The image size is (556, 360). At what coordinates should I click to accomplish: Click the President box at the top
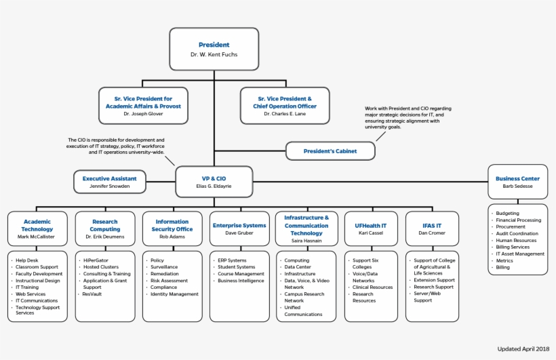[214, 49]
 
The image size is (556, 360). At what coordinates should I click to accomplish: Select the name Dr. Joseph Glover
[143, 114]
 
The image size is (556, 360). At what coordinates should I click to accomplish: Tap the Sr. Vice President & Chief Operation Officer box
[285, 106]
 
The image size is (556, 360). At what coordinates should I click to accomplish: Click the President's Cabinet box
[330, 151]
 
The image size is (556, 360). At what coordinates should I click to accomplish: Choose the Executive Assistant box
[109, 182]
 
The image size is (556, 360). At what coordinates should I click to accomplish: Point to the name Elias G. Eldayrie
[214, 186]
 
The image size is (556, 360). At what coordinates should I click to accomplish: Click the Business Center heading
[517, 178]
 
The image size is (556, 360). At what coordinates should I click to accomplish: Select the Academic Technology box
[37, 228]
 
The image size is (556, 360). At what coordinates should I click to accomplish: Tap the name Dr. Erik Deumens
[104, 237]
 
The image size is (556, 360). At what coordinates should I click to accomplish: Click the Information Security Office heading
[172, 225]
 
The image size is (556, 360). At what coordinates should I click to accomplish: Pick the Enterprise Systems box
[239, 228]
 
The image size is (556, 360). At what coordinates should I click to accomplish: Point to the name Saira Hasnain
[306, 241]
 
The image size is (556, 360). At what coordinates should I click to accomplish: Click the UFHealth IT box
[371, 228]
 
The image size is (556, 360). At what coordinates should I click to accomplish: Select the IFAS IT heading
[432, 225]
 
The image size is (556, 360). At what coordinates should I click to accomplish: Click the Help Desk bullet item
[27, 260]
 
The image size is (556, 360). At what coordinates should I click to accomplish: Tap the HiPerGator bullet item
[96, 260]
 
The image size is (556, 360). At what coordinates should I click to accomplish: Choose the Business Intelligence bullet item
[241, 281]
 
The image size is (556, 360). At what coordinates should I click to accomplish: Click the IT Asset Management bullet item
[520, 254]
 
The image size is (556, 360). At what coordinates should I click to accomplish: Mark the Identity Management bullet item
[174, 294]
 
